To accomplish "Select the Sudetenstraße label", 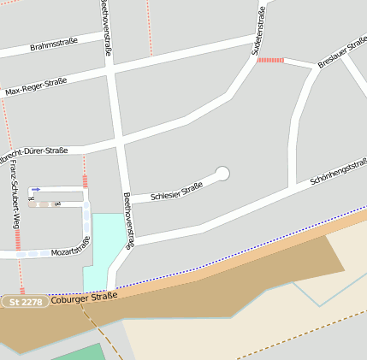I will pyautogui.click(x=258, y=31).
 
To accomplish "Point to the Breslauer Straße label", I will pyautogui.click(x=342, y=52).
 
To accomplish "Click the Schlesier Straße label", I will pyautogui.click(x=176, y=192).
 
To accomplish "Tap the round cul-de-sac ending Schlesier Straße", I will pyautogui.click(x=223, y=174).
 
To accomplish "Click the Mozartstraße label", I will pyautogui.click(x=70, y=247).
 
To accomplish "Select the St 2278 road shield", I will pyautogui.click(x=23, y=302).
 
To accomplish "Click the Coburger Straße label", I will pyautogui.click(x=84, y=298).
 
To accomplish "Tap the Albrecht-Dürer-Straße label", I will pyautogui.click(x=34, y=155).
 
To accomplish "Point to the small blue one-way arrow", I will pyautogui.click(x=36, y=190).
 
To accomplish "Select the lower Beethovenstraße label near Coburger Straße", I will pyautogui.click(x=127, y=221).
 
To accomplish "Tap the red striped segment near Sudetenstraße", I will pyautogui.click(x=270, y=60).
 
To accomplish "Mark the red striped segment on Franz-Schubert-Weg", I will pyautogui.click(x=18, y=239).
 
